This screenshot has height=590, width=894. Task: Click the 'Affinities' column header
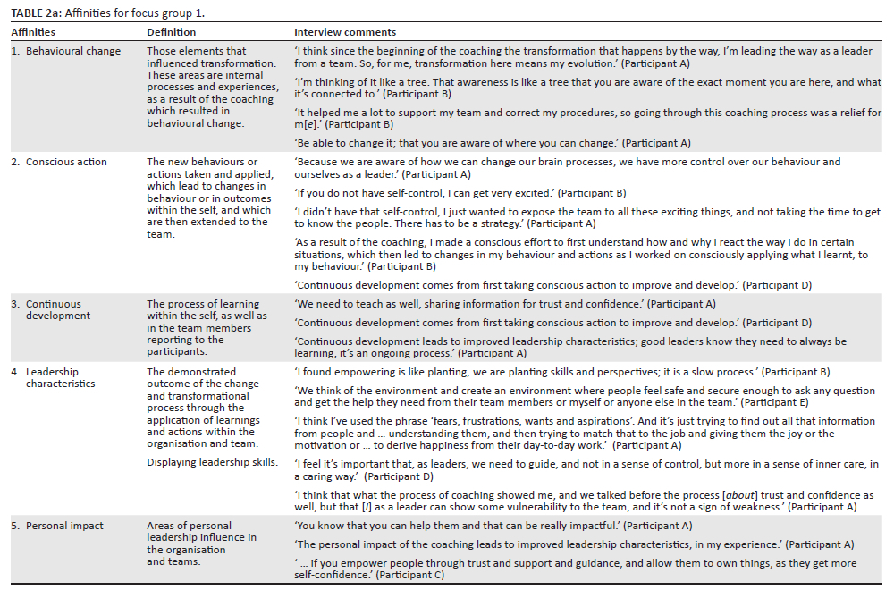tap(33, 32)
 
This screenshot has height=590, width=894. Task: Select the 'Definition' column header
tap(172, 32)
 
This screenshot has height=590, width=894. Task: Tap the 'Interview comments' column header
tap(345, 32)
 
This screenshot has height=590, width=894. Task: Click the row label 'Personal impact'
tap(64, 526)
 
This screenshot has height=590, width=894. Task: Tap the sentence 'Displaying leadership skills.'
tap(212, 462)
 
